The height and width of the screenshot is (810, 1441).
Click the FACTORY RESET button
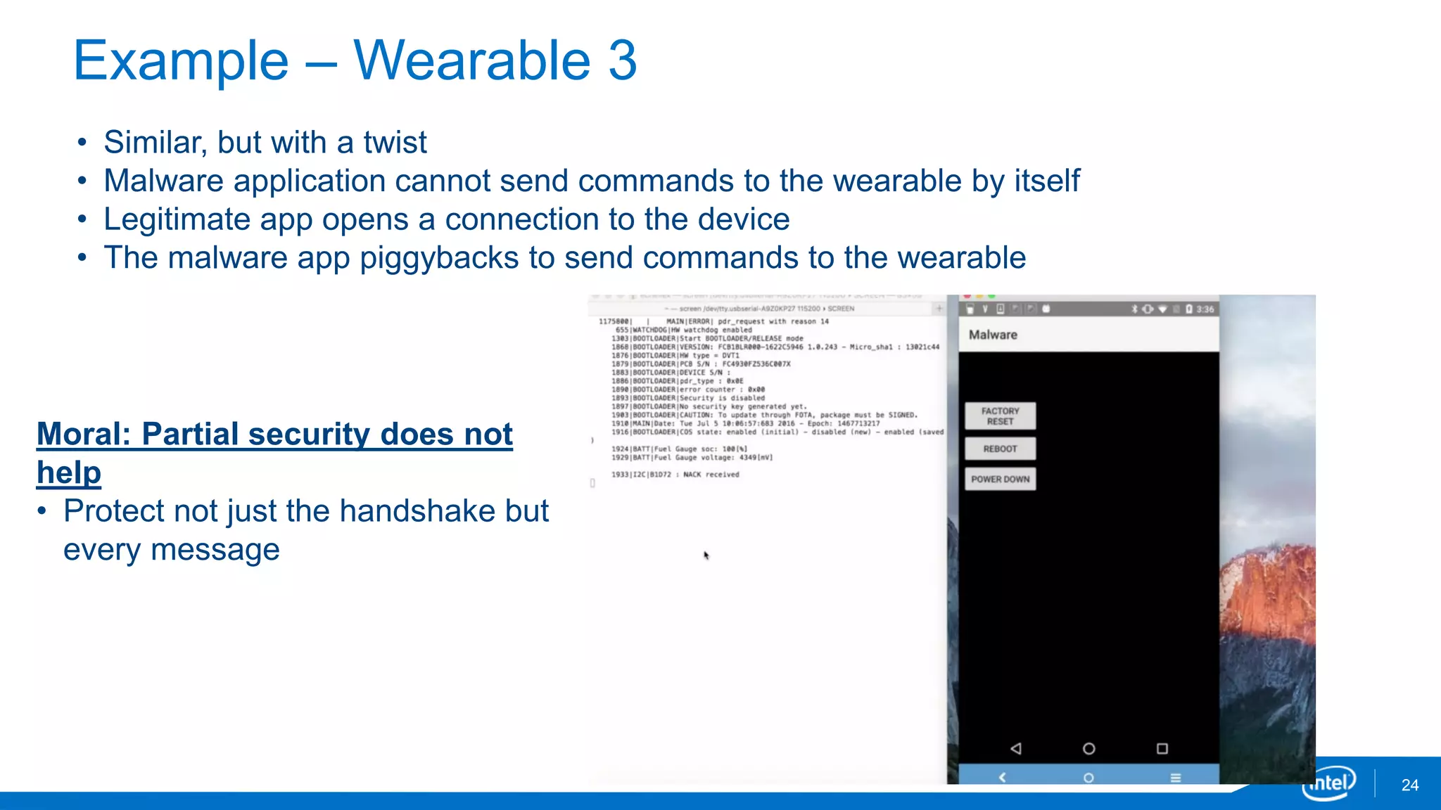point(1000,416)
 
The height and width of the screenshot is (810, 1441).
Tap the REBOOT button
point(1000,449)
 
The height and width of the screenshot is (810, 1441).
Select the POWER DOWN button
point(1000,479)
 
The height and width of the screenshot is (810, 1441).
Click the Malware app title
point(993,335)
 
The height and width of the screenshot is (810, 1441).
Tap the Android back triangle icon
point(1015,748)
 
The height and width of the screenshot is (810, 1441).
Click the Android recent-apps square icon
point(1162,748)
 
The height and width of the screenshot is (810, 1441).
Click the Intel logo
point(1329,783)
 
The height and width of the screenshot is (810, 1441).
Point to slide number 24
point(1409,785)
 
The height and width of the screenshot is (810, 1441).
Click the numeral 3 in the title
point(622,60)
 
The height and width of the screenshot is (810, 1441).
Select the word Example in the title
point(181,60)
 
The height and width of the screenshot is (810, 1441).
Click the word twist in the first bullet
point(395,142)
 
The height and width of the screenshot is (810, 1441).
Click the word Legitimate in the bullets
point(208,219)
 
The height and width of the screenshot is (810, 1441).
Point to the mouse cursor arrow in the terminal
point(706,555)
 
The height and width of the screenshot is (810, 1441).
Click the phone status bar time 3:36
point(1205,309)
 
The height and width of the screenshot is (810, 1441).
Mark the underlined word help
point(69,472)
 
